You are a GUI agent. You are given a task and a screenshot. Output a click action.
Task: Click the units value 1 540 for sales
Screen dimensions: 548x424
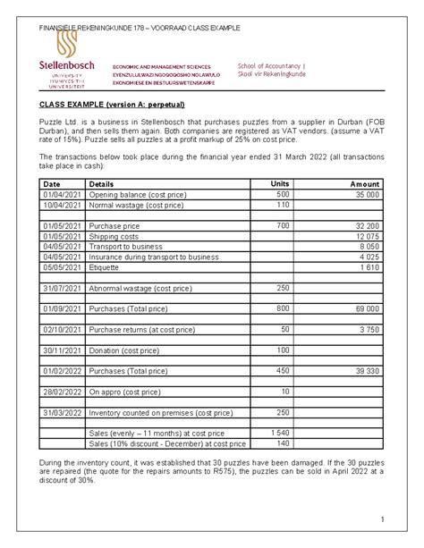280,433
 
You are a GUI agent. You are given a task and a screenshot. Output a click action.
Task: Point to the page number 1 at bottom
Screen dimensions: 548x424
380,520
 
